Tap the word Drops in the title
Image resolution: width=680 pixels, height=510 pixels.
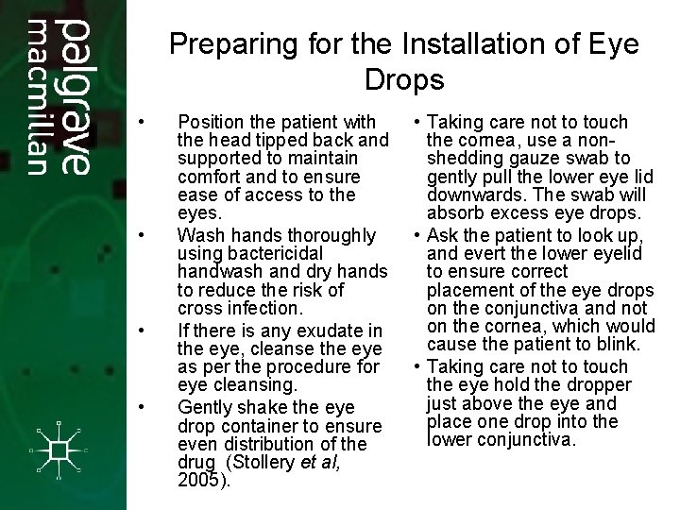point(404,79)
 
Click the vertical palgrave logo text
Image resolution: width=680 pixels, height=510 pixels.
point(75,95)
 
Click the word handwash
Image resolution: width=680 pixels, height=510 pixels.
point(221,272)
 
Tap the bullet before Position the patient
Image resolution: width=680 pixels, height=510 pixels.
point(140,123)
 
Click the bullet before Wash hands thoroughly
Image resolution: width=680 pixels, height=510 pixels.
point(140,235)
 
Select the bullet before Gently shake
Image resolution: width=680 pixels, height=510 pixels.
point(140,408)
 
